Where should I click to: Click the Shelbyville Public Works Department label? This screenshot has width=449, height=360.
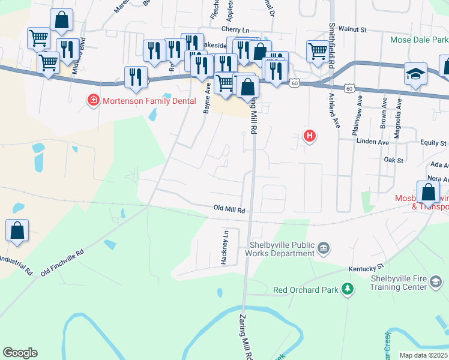tap(282, 249)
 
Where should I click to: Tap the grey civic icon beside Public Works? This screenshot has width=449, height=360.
tap(324, 247)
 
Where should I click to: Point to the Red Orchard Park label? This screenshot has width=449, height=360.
tap(305, 290)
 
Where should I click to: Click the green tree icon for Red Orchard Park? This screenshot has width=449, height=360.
tap(347, 290)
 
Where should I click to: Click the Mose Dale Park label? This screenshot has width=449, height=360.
tap(418, 40)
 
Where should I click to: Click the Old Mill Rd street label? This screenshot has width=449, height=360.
tap(230, 209)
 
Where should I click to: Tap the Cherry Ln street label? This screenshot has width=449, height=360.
tap(235, 29)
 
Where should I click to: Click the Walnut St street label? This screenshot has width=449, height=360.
tap(352, 28)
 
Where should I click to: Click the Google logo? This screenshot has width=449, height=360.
tap(20, 353)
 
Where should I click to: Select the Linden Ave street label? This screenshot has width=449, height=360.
tap(373, 142)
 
